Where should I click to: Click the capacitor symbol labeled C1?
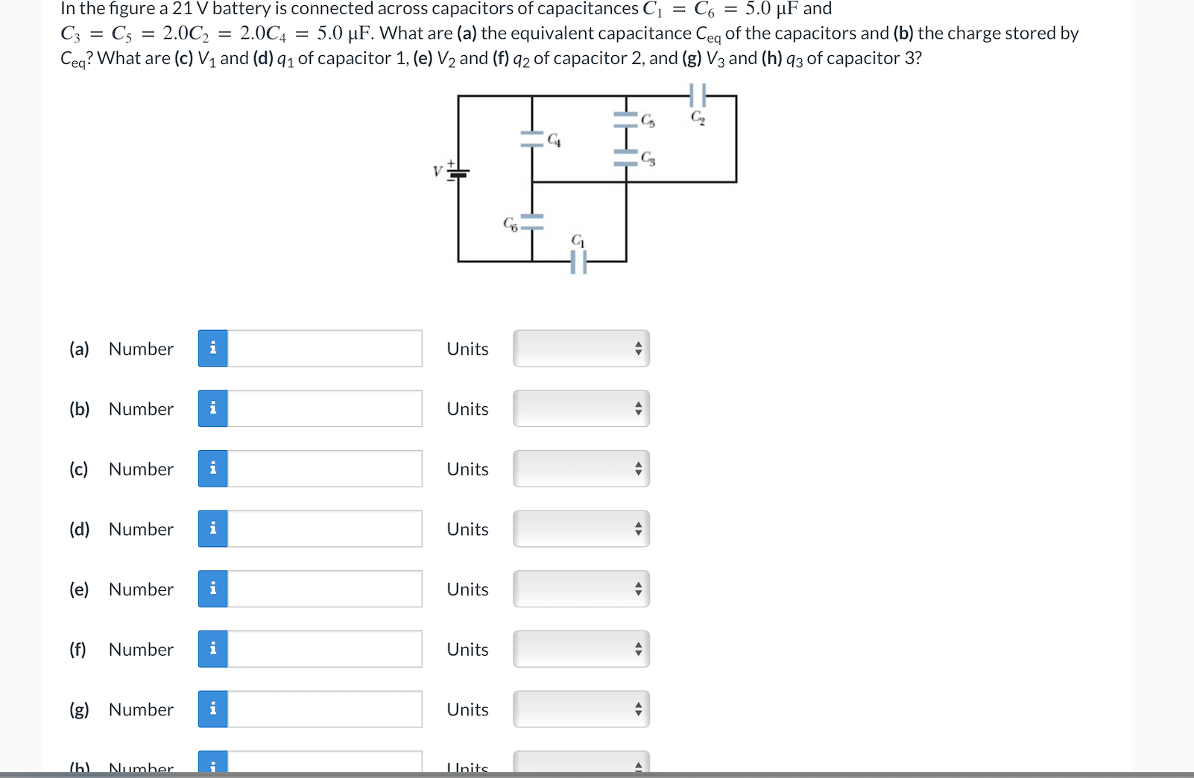[578, 262]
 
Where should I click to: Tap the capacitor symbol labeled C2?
[697, 95]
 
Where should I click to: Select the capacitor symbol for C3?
[626, 156]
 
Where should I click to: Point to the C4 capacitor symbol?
[532, 139]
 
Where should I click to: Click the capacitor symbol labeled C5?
[626, 119]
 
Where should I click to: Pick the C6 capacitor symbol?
[532, 221]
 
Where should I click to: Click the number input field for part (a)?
[324, 349]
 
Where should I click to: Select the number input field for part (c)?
[324, 469]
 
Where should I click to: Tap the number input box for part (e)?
[324, 589]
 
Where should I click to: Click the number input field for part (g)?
[324, 709]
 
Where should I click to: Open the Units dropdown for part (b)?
[581, 408]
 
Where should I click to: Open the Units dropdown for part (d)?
[581, 529]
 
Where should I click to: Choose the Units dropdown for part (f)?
[581, 649]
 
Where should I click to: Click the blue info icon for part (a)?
[213, 349]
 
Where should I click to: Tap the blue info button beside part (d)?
[213, 529]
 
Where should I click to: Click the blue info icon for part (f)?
[213, 649]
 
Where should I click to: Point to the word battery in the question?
[241, 9]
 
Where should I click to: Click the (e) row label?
[79, 589]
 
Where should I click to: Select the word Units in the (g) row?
[467, 709]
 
